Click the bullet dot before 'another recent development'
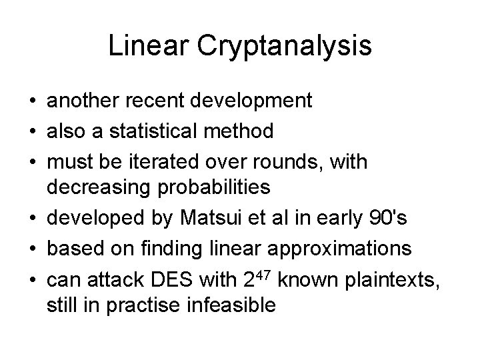[x=31, y=101]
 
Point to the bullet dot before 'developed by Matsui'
[x=31, y=218]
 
